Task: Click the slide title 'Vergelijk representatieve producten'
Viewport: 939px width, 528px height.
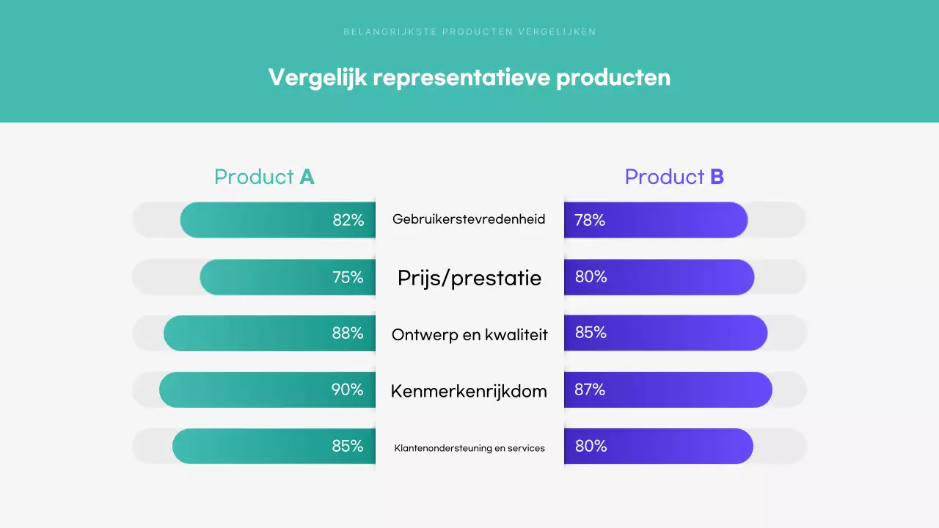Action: [469, 77]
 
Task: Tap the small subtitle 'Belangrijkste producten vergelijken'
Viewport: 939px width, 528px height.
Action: [469, 32]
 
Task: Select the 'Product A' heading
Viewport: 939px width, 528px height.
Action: [264, 177]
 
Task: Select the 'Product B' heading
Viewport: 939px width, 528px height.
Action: [674, 177]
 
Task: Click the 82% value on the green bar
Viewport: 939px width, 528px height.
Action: [348, 220]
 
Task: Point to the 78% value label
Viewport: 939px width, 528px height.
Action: [590, 220]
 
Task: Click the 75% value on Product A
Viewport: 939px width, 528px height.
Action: [348, 277]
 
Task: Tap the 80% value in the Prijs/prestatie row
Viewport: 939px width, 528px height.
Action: [591, 277]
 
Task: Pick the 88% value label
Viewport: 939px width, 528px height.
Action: [348, 333]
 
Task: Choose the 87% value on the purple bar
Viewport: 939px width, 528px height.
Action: [590, 389]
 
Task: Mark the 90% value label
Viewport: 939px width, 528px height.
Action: [348, 389]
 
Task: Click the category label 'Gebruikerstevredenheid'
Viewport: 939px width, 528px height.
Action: [469, 219]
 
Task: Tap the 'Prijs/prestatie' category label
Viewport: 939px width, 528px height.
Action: [469, 278]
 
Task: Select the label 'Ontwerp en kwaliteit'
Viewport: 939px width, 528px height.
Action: [469, 334]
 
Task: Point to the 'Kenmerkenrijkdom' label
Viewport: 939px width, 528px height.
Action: [469, 391]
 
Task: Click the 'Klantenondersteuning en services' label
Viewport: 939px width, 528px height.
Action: [469, 447]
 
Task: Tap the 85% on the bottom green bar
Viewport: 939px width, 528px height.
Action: [348, 446]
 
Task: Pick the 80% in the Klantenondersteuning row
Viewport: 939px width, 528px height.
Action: [591, 446]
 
